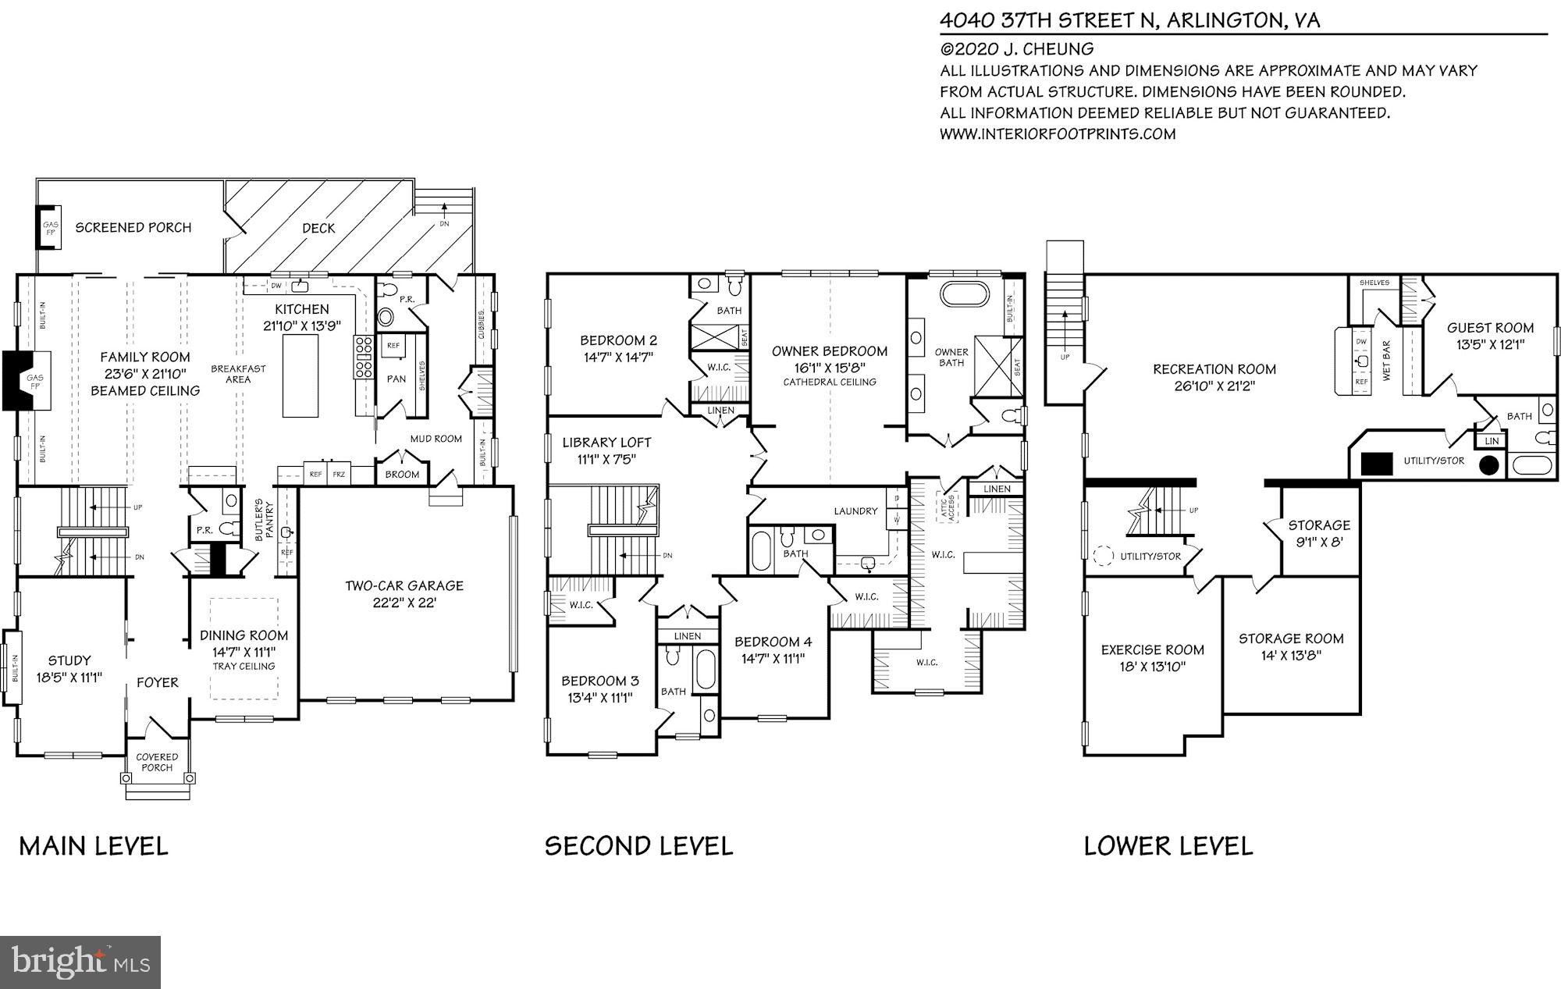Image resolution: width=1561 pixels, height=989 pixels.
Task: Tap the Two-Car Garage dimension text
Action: click(404, 603)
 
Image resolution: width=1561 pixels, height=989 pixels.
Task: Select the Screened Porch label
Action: click(133, 228)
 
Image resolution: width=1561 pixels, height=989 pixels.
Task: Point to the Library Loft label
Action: click(606, 443)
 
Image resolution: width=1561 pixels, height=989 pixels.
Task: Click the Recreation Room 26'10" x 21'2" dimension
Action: click(1214, 386)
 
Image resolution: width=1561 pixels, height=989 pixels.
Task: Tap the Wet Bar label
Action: click(1387, 361)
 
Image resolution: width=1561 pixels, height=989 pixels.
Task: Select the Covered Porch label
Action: click(157, 762)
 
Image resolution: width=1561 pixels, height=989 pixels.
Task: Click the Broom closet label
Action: click(402, 474)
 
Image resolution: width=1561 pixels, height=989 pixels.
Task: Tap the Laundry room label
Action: click(855, 511)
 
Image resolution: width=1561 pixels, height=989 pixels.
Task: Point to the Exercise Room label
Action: click(1152, 649)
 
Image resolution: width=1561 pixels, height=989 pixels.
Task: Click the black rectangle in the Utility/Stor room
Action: click(1377, 464)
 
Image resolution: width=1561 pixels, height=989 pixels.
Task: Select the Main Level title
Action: click(93, 846)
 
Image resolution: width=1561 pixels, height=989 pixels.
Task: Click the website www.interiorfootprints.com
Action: click(1057, 134)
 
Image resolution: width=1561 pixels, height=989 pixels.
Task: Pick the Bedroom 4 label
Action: click(773, 642)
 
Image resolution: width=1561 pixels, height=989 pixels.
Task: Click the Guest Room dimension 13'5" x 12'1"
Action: click(1489, 344)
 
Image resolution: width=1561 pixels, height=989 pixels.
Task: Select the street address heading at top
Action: click(1129, 20)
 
